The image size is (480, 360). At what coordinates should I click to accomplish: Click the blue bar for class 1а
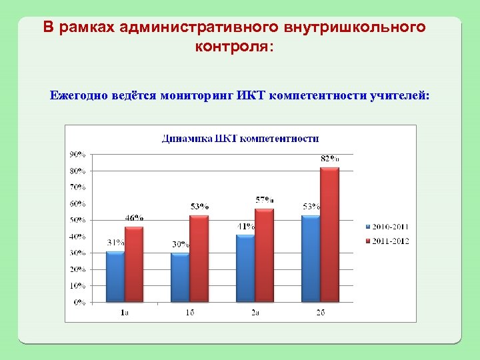(115, 276)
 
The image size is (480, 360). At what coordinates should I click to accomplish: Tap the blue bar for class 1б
(180, 277)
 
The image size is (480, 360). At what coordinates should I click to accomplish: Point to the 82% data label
(330, 159)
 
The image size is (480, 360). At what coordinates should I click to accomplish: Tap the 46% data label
(134, 218)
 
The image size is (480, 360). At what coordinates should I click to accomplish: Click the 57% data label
(265, 199)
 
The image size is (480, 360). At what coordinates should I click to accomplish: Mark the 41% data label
(245, 226)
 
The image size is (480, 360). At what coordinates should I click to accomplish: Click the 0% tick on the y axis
(79, 302)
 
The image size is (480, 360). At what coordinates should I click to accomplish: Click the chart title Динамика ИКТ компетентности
(241, 139)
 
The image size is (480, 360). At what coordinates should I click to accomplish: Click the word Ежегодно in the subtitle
(75, 95)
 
